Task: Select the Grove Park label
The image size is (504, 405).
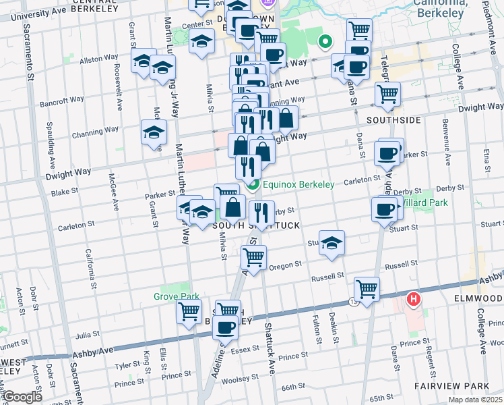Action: pyautogui.click(x=176, y=296)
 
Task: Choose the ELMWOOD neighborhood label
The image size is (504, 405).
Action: pyautogui.click(x=479, y=297)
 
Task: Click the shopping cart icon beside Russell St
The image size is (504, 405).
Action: pyautogui.click(x=367, y=290)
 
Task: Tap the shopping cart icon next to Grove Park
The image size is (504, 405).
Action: pyautogui.click(x=189, y=312)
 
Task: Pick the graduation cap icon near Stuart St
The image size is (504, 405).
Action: pyautogui.click(x=332, y=243)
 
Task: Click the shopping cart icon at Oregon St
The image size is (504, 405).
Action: pyautogui.click(x=254, y=257)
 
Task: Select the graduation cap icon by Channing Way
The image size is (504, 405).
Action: pyautogui.click(x=154, y=132)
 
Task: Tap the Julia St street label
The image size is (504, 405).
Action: pyautogui.click(x=87, y=334)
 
